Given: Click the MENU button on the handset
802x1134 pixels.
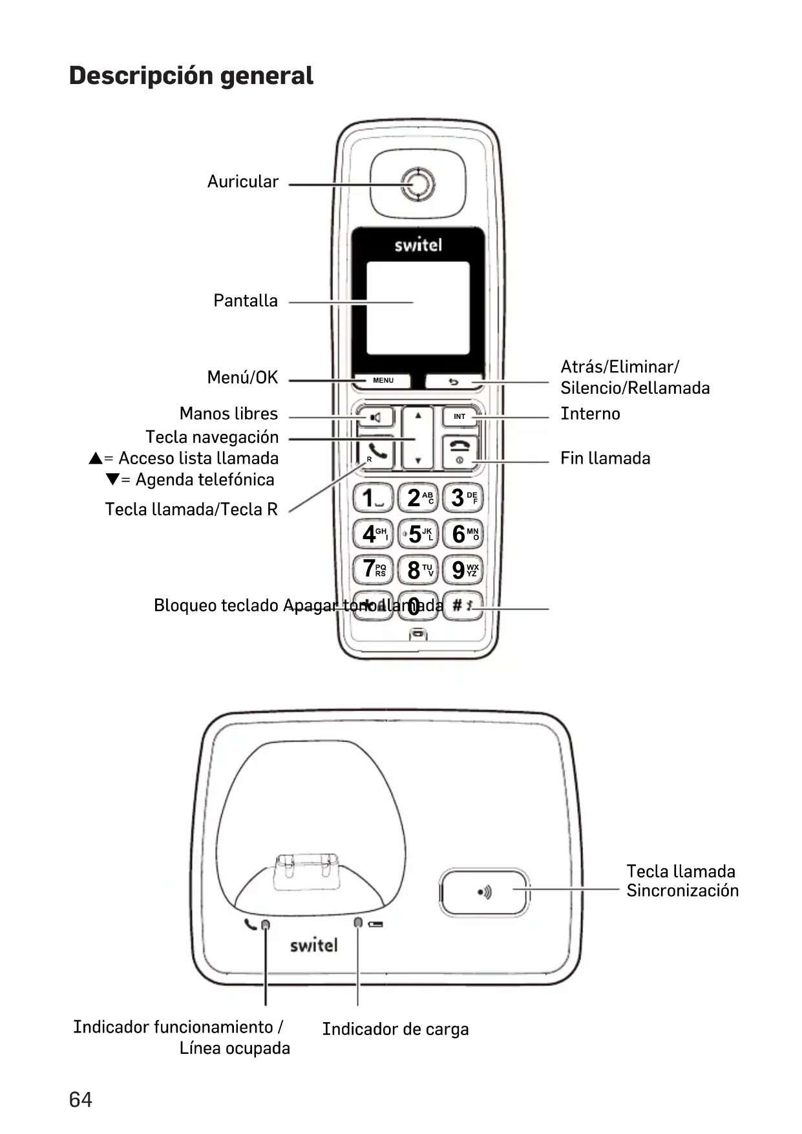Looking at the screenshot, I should point(383,380).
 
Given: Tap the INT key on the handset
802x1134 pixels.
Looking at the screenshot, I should point(459,416).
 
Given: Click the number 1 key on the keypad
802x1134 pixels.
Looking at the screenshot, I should point(373,498).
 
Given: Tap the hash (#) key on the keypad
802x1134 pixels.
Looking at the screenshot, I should point(463,606).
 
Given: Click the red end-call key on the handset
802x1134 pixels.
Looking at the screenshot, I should point(459,451).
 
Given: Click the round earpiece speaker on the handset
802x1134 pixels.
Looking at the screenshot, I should point(417,184).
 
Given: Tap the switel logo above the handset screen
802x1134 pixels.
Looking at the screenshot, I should point(418,245).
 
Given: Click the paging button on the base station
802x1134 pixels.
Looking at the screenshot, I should point(484,892).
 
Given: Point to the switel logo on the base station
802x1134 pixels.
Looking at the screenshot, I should point(313,945).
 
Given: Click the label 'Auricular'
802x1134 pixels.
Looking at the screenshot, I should point(243,182).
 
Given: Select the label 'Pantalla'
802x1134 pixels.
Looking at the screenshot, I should point(246,301).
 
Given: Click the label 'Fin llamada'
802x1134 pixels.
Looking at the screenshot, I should point(605,458).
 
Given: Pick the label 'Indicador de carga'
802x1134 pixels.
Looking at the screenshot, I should point(396,1029).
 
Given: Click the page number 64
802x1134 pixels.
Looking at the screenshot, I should point(81,1099).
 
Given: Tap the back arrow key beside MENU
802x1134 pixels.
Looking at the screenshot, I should point(454,381).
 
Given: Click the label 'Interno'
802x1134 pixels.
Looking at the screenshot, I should point(590,414).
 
